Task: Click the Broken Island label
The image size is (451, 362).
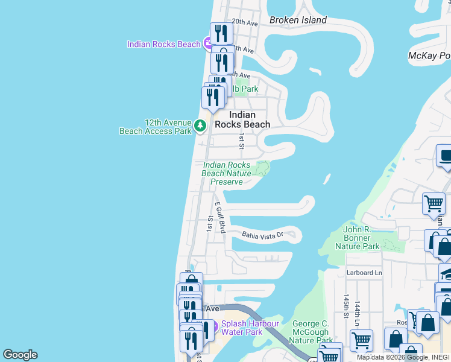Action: pos(298,20)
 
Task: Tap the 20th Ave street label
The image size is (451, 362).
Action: pos(245,23)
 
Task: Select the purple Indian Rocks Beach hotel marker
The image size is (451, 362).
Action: pos(208,43)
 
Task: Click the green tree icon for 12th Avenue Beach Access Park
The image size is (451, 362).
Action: pos(200,126)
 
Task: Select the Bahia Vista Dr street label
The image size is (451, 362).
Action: pos(262,235)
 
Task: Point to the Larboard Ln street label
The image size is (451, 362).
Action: pos(364,273)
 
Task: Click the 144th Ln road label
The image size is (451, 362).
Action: pos(358,310)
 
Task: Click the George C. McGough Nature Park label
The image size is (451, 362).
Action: pos(311,332)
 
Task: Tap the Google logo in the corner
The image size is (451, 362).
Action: pos(20,355)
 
